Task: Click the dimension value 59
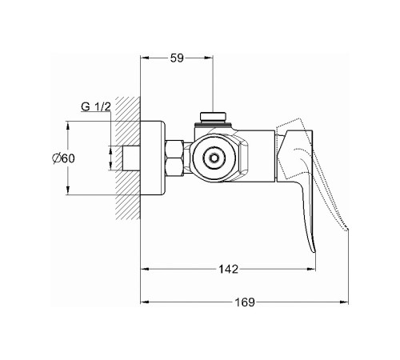177,58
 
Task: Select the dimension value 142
228,269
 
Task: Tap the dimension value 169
245,302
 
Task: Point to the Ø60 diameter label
63,158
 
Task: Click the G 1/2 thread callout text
96,107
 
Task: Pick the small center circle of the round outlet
214,158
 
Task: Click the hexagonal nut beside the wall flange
174,158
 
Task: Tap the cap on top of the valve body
213,117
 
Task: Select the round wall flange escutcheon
153,158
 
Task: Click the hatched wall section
127,158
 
